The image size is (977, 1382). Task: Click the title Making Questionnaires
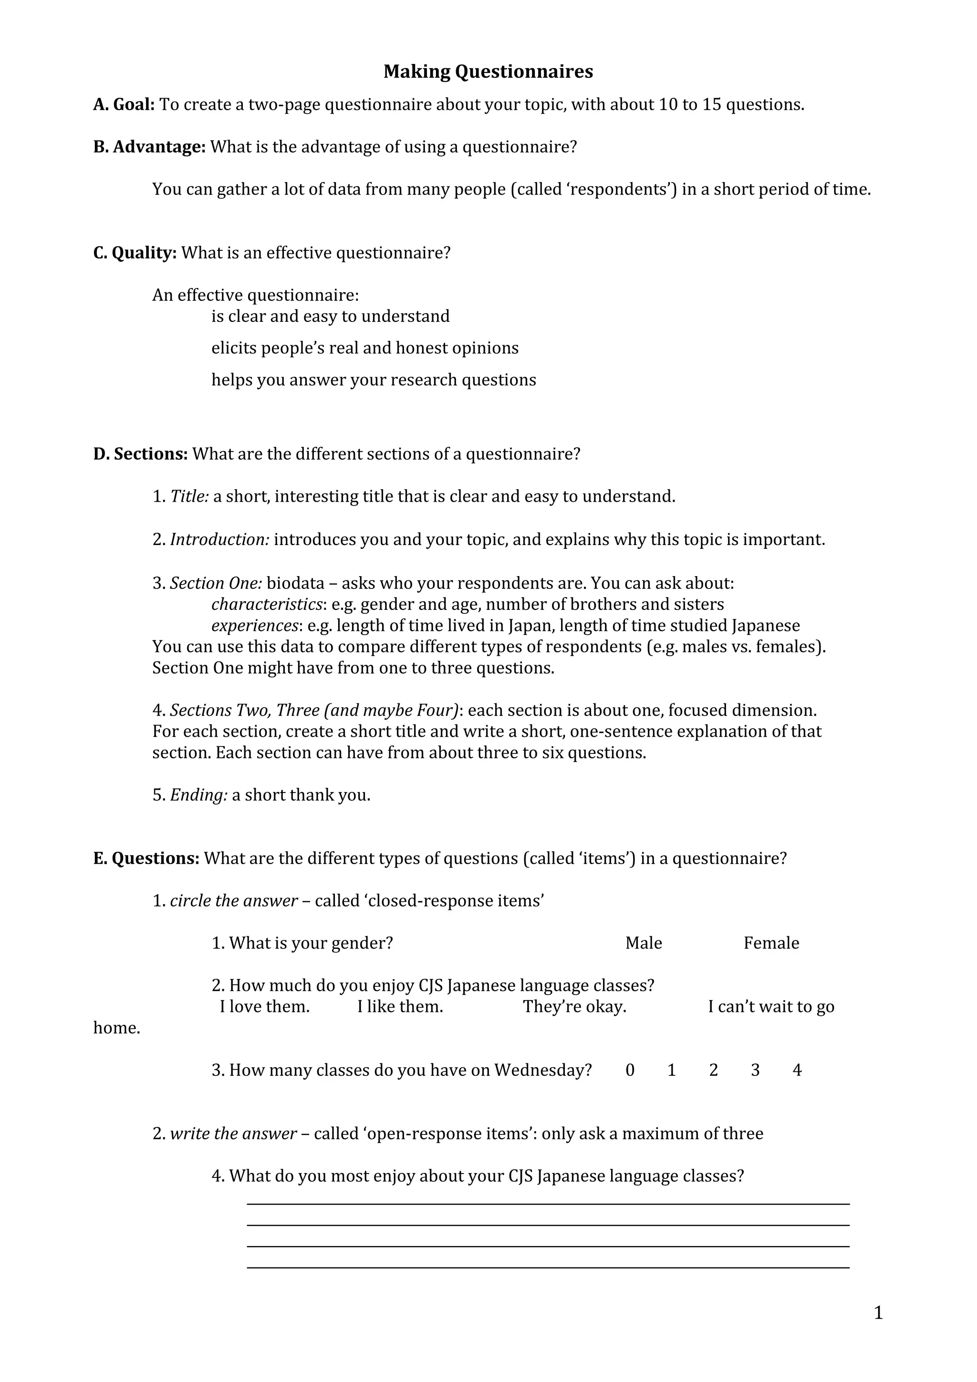coord(488,72)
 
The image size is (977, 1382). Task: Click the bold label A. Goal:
coord(124,105)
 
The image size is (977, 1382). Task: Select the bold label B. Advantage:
coord(149,147)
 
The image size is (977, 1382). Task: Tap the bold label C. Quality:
coord(135,253)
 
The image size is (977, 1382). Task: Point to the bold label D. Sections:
coord(140,454)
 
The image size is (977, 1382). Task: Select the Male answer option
coord(644,943)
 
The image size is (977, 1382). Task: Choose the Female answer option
coord(771,943)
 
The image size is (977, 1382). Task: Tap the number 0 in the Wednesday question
coord(630,1070)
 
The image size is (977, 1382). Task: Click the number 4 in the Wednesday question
coord(797,1070)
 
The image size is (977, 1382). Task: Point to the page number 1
coord(878,1313)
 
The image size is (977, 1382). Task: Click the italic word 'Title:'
coord(189,496)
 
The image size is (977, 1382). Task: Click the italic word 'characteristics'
coord(267,604)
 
